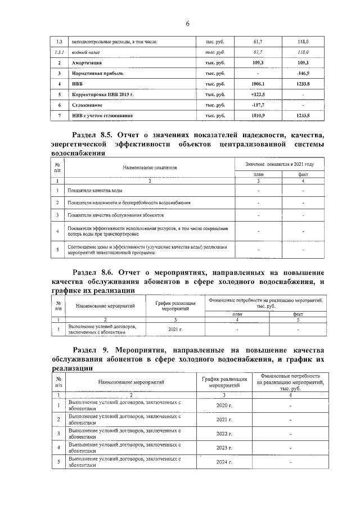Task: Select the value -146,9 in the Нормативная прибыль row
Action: (303, 73)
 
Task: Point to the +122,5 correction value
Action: (258, 94)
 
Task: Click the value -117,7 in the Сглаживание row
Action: (258, 105)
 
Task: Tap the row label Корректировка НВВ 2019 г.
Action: (102, 94)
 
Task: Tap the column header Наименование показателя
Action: (150, 168)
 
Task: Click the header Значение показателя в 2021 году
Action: (280, 164)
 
